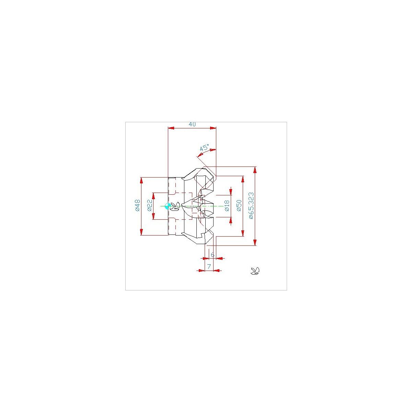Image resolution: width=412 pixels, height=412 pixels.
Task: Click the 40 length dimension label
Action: coord(192,124)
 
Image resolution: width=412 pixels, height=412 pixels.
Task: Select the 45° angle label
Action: coord(204,147)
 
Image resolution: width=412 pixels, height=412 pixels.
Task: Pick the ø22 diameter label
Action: coord(150,205)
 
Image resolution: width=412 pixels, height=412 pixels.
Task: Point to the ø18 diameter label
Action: coord(227,206)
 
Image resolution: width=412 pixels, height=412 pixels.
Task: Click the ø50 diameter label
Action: coord(239,205)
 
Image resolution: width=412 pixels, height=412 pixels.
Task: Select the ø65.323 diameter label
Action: coord(251,206)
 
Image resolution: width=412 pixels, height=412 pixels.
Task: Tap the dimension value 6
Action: coord(213,255)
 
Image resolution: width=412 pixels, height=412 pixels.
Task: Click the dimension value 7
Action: coord(209,267)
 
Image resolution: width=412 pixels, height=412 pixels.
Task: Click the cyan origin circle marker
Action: coord(168,206)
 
